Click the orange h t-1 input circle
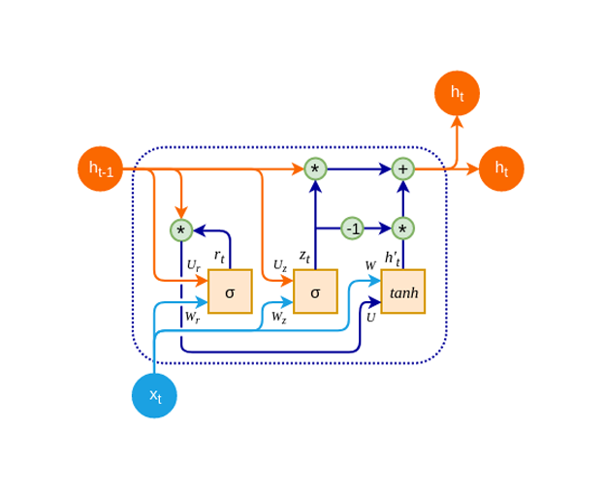click(101, 168)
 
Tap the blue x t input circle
click(154, 395)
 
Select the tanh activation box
click(402, 291)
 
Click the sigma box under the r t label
click(230, 291)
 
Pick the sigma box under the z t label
click(315, 291)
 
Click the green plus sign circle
click(402, 168)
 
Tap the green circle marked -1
click(353, 229)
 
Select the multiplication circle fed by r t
click(181, 230)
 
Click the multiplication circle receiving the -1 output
click(402, 229)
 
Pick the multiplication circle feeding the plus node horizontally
click(315, 168)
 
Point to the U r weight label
click(193, 265)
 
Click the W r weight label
click(192, 317)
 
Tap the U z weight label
click(279, 265)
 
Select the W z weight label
click(278, 317)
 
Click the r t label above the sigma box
click(219, 257)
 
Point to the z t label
click(304, 256)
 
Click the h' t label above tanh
click(392, 258)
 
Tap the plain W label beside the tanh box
click(370, 265)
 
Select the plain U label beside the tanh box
click(370, 317)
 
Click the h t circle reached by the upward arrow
click(457, 93)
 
